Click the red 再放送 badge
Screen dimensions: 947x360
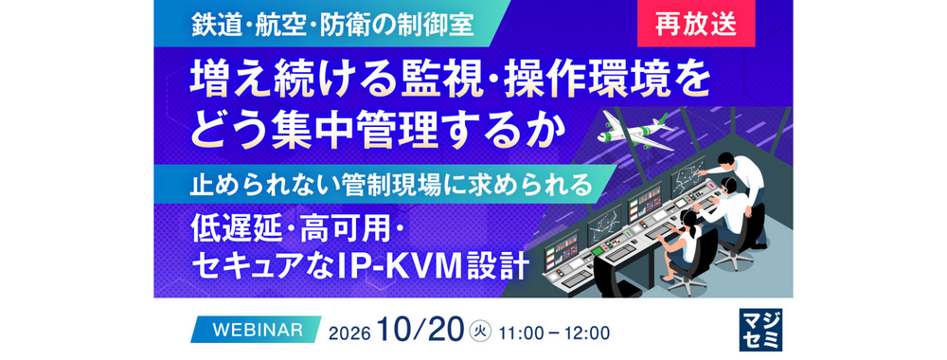pyautogui.click(x=695, y=24)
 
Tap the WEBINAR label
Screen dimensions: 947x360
pyautogui.click(x=258, y=329)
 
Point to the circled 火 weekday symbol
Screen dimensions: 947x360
pyautogui.click(x=480, y=331)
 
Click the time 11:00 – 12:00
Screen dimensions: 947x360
pyautogui.click(x=554, y=333)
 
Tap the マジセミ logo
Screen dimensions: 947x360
pyautogui.click(x=760, y=330)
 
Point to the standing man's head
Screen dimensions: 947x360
pyautogui.click(x=724, y=163)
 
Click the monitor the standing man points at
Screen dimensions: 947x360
pyautogui.click(x=688, y=176)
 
